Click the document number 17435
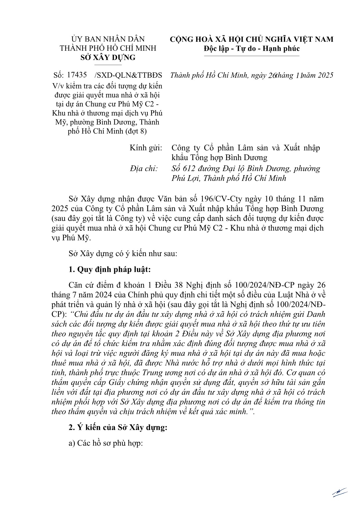pos(77,75)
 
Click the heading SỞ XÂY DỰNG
pos(108,57)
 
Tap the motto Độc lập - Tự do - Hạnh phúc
pos(252,48)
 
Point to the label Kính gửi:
pos(146,148)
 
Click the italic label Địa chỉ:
pos(144,168)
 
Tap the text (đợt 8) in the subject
pos(136,131)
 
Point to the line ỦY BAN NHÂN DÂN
pos(108,39)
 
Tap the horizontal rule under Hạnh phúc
pos(252,56)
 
